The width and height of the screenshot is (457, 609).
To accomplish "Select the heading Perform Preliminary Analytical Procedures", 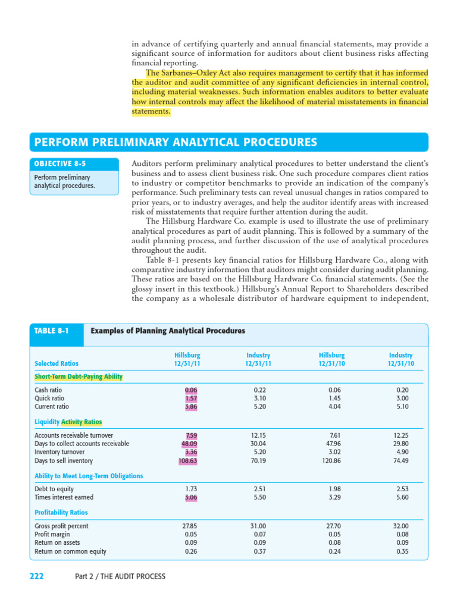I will pos(173,143).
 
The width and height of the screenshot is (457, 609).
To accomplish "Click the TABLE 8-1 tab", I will pos(52,331).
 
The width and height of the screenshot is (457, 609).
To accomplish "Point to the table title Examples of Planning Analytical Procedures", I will pos(167,331).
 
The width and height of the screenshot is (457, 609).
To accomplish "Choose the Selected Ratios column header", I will pos(57,363).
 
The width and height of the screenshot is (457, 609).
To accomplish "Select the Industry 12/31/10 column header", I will pos(401,359).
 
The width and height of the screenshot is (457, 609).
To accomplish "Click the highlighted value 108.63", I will pos(188,460).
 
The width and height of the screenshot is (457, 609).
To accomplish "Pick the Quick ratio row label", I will pos(49,398).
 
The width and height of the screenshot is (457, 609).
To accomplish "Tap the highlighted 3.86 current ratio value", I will pos(190,407).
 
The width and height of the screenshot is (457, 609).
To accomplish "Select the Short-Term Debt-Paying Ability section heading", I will pos(79,376).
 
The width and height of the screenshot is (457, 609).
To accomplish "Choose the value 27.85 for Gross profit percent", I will pos(189,526).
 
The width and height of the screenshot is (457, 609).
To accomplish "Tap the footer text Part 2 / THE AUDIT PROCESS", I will pos(120,576).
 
